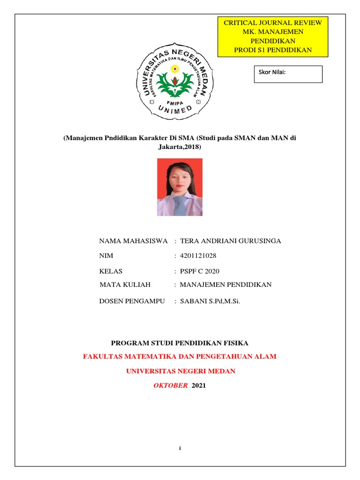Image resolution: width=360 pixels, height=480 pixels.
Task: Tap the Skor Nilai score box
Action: tap(288, 74)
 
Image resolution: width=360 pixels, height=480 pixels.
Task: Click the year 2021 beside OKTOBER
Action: tap(199, 386)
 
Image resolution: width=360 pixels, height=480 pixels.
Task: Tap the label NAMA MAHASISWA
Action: tap(134, 241)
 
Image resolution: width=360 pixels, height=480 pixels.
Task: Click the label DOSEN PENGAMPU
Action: tap(132, 301)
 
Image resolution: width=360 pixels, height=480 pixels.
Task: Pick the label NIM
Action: tap(106, 256)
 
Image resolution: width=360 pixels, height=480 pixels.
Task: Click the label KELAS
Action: tap(111, 271)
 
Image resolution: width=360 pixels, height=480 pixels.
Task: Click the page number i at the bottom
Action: tap(180, 449)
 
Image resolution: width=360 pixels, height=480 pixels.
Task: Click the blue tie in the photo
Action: tap(180, 206)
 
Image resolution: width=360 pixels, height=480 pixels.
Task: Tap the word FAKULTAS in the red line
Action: tap(103, 357)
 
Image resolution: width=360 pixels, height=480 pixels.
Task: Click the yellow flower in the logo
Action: tap(175, 69)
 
